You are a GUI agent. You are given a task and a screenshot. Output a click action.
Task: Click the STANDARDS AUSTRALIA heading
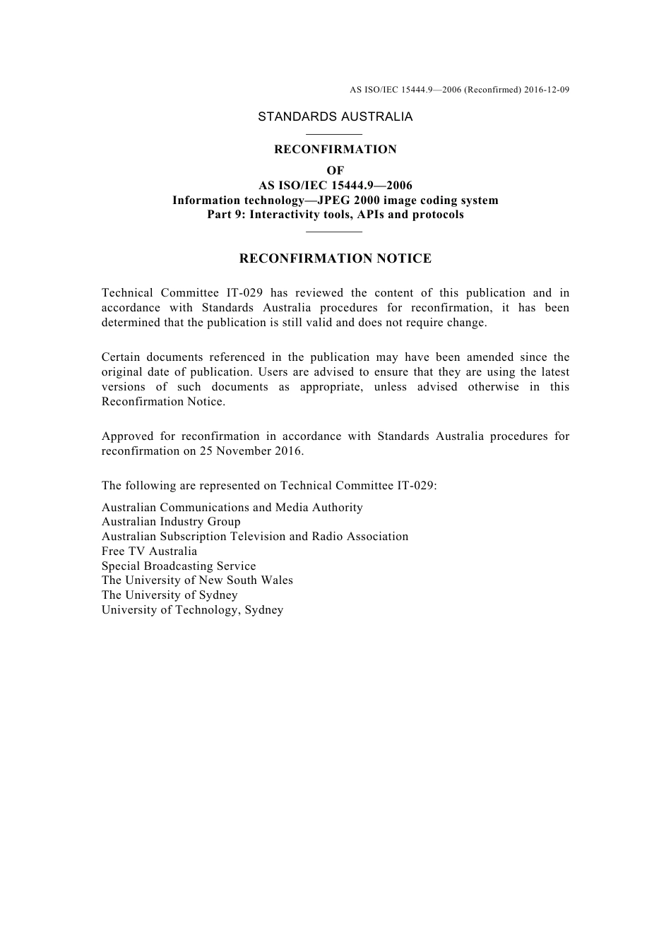click(x=335, y=117)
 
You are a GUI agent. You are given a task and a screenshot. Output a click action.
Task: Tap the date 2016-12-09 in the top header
click(x=547, y=90)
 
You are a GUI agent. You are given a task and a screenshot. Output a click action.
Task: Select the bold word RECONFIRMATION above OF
click(x=335, y=150)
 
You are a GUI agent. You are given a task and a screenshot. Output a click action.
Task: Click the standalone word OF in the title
click(x=335, y=171)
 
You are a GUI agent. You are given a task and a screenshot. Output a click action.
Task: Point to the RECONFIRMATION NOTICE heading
click(x=335, y=259)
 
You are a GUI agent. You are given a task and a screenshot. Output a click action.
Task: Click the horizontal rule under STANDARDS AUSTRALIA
click(x=335, y=134)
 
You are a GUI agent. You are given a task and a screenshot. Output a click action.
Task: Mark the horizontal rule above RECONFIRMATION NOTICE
click(x=335, y=231)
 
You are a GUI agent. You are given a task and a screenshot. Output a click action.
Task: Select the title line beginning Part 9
click(x=335, y=215)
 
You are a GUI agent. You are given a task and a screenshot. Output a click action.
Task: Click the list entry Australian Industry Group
click(x=171, y=522)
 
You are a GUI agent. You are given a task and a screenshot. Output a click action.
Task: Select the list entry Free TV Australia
click(x=149, y=551)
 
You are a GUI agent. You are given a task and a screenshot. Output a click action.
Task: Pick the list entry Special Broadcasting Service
click(x=179, y=566)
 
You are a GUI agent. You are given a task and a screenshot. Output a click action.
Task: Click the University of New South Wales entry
click(x=197, y=580)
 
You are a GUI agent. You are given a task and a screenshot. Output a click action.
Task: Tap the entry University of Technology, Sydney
click(x=192, y=610)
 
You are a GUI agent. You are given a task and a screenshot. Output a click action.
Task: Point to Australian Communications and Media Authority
click(x=232, y=508)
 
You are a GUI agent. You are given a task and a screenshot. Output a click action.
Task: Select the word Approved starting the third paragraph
click(x=126, y=436)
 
